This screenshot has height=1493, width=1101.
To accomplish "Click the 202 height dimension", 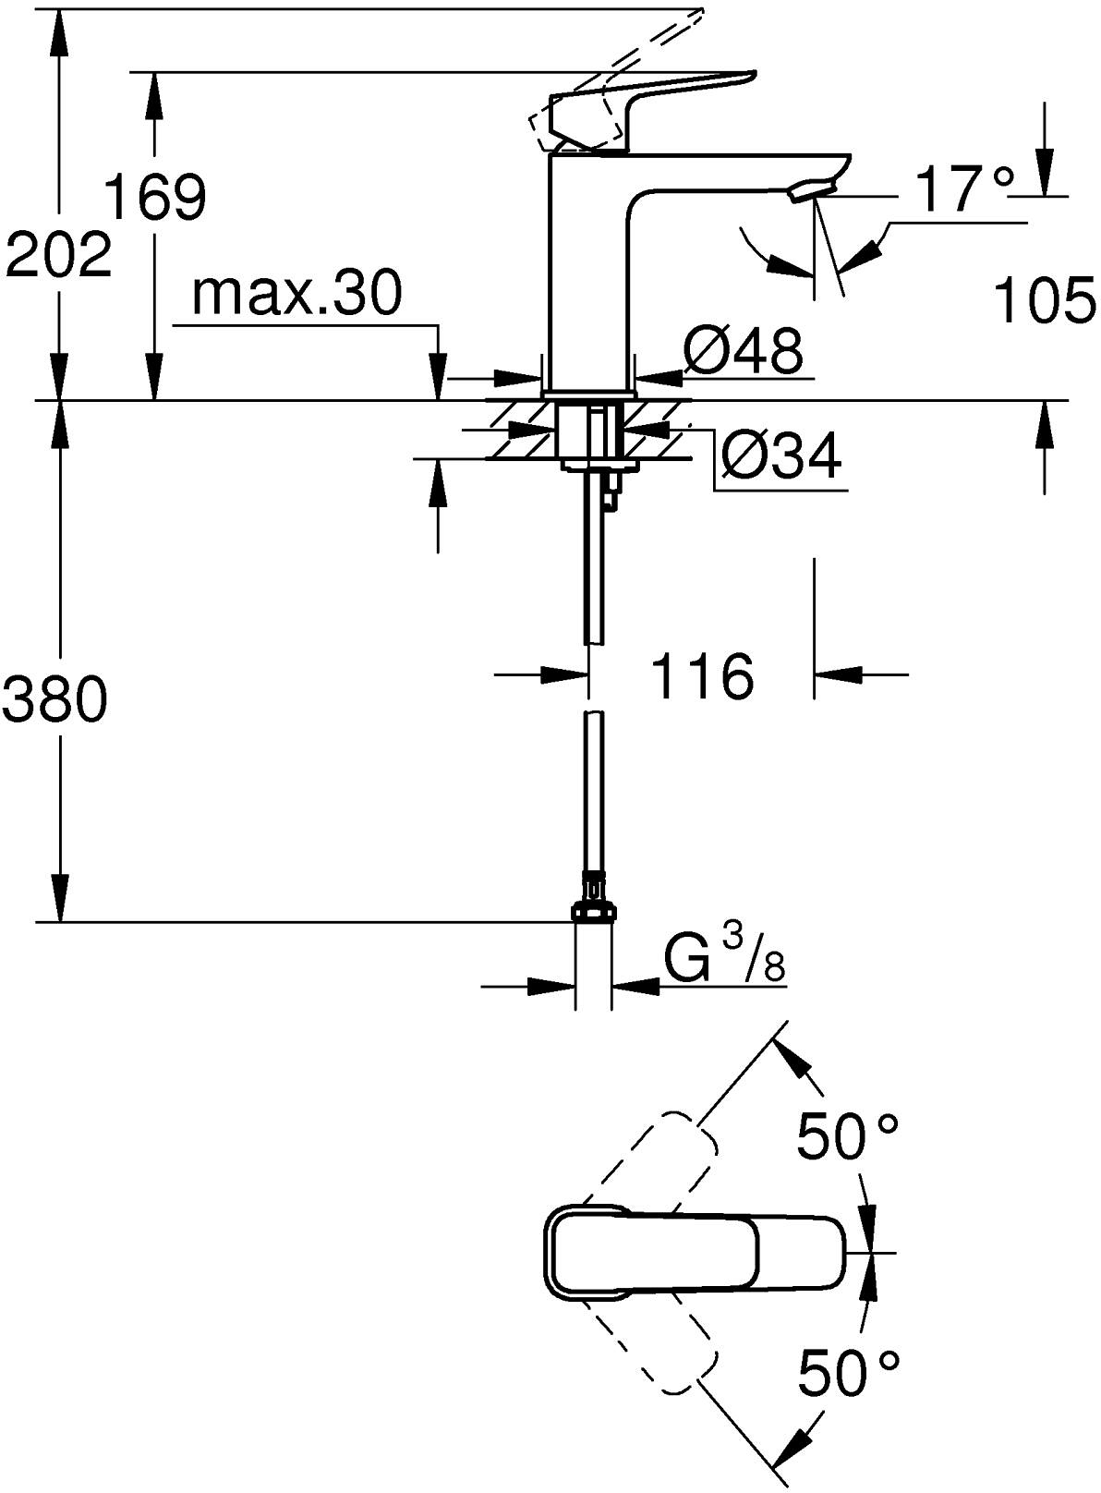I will (x=57, y=255).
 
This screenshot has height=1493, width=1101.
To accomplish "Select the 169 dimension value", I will (x=154, y=196).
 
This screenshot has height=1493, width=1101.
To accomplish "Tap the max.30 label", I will (x=296, y=294).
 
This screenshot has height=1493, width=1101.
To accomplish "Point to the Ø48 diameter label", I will (x=743, y=350).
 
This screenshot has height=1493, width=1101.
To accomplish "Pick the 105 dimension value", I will (x=1044, y=301).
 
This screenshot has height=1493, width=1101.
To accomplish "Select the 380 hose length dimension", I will (x=55, y=699).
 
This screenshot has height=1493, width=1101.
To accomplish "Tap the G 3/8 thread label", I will (x=725, y=962).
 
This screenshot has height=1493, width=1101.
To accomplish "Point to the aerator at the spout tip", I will (x=810, y=191).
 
